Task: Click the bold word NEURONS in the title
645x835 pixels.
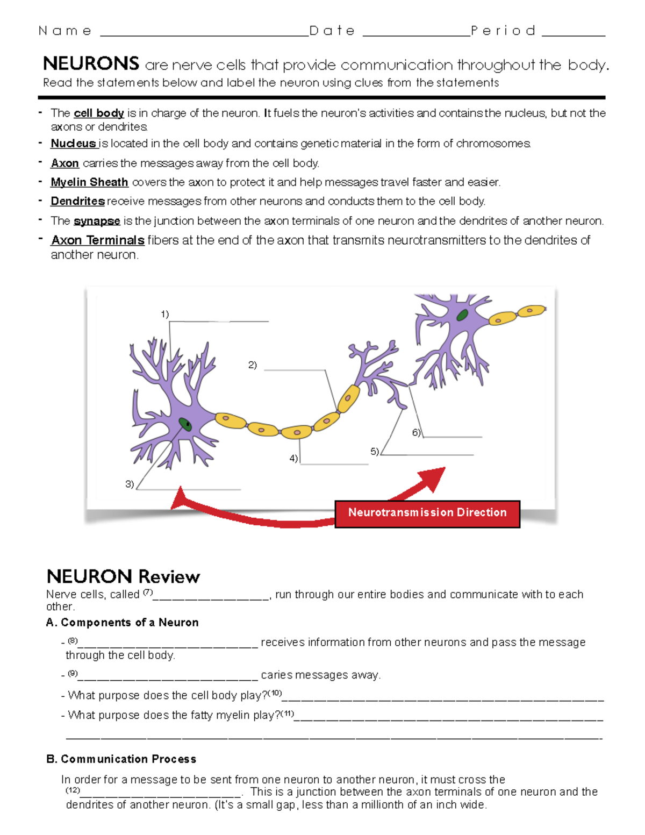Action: pos(91,64)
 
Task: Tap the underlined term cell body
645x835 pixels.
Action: pos(99,113)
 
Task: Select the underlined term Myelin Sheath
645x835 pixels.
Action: pos(89,182)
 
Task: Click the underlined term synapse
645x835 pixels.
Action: pos(97,221)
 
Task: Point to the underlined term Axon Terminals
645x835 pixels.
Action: pos(98,240)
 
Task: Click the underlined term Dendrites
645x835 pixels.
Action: pos(77,201)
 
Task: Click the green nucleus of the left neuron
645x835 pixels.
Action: pos(185,424)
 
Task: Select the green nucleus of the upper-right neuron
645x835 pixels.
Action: pos(462,315)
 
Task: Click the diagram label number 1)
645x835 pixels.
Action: pos(165,314)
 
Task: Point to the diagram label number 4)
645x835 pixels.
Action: pos(293,459)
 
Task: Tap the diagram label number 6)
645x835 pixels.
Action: pos(417,432)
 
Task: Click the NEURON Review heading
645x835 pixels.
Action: pos(123,576)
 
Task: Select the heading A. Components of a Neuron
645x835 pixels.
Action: pos(123,623)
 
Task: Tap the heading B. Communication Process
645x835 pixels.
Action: pos(121,759)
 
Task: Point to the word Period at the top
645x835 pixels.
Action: pos(503,31)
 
